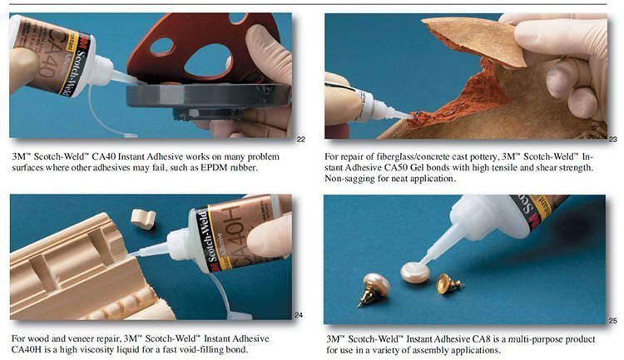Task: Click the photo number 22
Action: [301, 139]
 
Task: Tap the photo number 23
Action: [613, 139]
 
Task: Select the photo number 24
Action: [299, 315]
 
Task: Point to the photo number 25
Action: [613, 321]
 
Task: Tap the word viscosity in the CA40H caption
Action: [84, 350]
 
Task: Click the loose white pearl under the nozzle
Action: [415, 272]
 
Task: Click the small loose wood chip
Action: [143, 219]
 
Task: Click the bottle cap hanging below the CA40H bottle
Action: [239, 315]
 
